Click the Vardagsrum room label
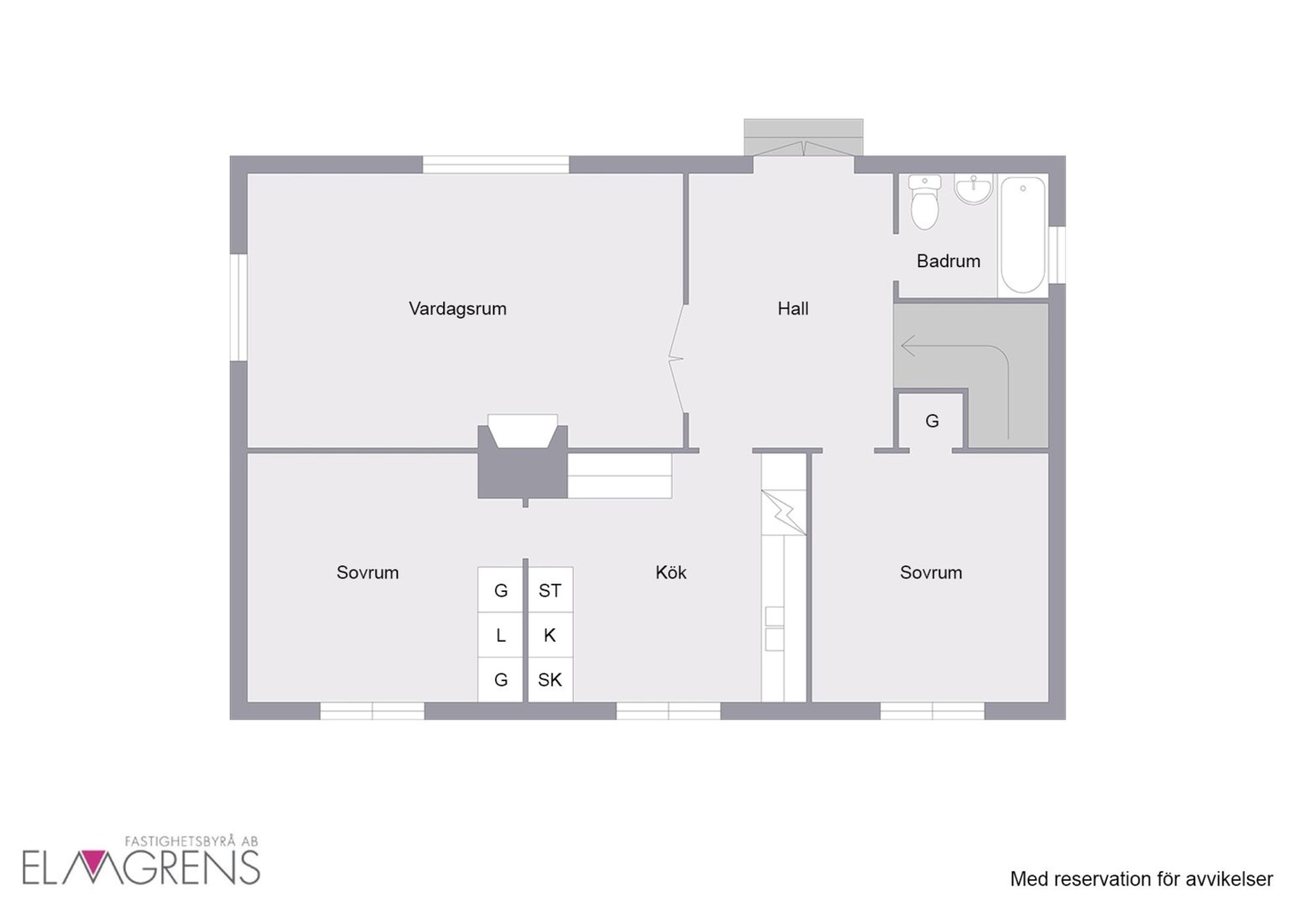click(457, 309)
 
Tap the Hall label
click(792, 309)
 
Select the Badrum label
click(948, 261)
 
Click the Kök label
click(671, 573)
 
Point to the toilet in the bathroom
click(924, 202)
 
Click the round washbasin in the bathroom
click(974, 190)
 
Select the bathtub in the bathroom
click(1023, 235)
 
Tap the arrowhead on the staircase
click(907, 346)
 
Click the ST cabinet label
click(549, 590)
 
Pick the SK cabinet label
click(549, 679)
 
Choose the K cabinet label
click(549, 635)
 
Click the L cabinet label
click(501, 635)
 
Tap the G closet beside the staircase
click(932, 421)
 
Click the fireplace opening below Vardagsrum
click(523, 431)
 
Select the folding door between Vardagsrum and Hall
click(677, 359)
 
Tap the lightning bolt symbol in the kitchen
click(783, 512)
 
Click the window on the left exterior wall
click(238, 307)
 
